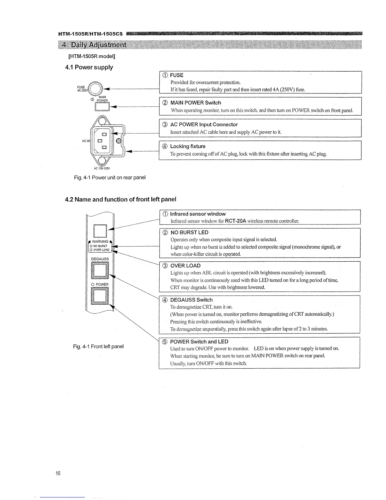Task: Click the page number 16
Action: [x=58, y=473]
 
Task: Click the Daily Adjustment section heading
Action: [x=94, y=45]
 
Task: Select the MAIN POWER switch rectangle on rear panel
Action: [x=102, y=106]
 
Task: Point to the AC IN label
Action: [x=86, y=141]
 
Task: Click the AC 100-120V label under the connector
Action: [x=102, y=168]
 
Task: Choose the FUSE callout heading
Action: [x=176, y=75]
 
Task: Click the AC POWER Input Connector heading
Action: [x=204, y=124]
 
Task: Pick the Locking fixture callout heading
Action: [x=188, y=146]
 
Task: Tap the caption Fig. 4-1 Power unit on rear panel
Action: [x=110, y=177]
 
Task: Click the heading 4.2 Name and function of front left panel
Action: [x=120, y=199]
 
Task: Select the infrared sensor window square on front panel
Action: [x=100, y=231]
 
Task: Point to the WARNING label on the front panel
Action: [x=100, y=241]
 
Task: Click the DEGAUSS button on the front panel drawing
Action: [x=100, y=270]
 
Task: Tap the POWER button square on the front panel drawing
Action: [x=100, y=296]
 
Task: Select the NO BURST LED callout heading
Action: [x=189, y=232]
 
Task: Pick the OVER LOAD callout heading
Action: [x=185, y=265]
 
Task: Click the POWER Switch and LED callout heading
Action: [x=199, y=342]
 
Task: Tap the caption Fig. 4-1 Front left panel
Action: [x=98, y=346]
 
